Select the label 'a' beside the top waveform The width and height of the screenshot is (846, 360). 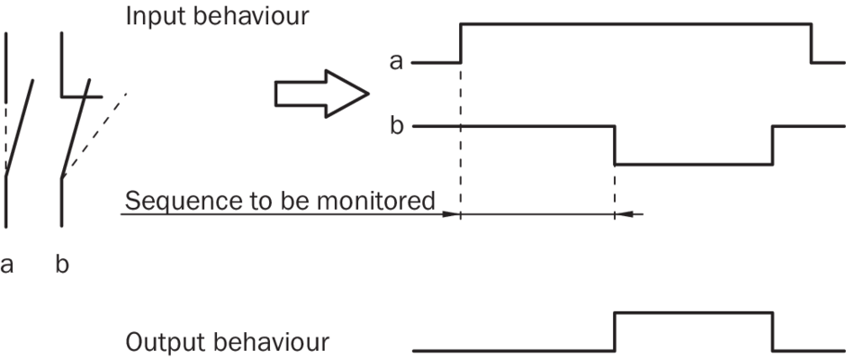click(396, 62)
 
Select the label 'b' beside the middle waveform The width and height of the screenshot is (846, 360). click(396, 125)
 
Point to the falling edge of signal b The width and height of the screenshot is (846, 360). click(615, 145)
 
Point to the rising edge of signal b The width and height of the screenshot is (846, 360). click(772, 145)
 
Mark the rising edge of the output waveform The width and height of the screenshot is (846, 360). click(615, 330)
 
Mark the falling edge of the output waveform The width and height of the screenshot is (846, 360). click(772, 330)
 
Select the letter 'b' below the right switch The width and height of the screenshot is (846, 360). click(61, 265)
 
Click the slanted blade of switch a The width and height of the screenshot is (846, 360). click(20, 126)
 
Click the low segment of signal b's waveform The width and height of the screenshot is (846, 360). click(693, 164)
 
